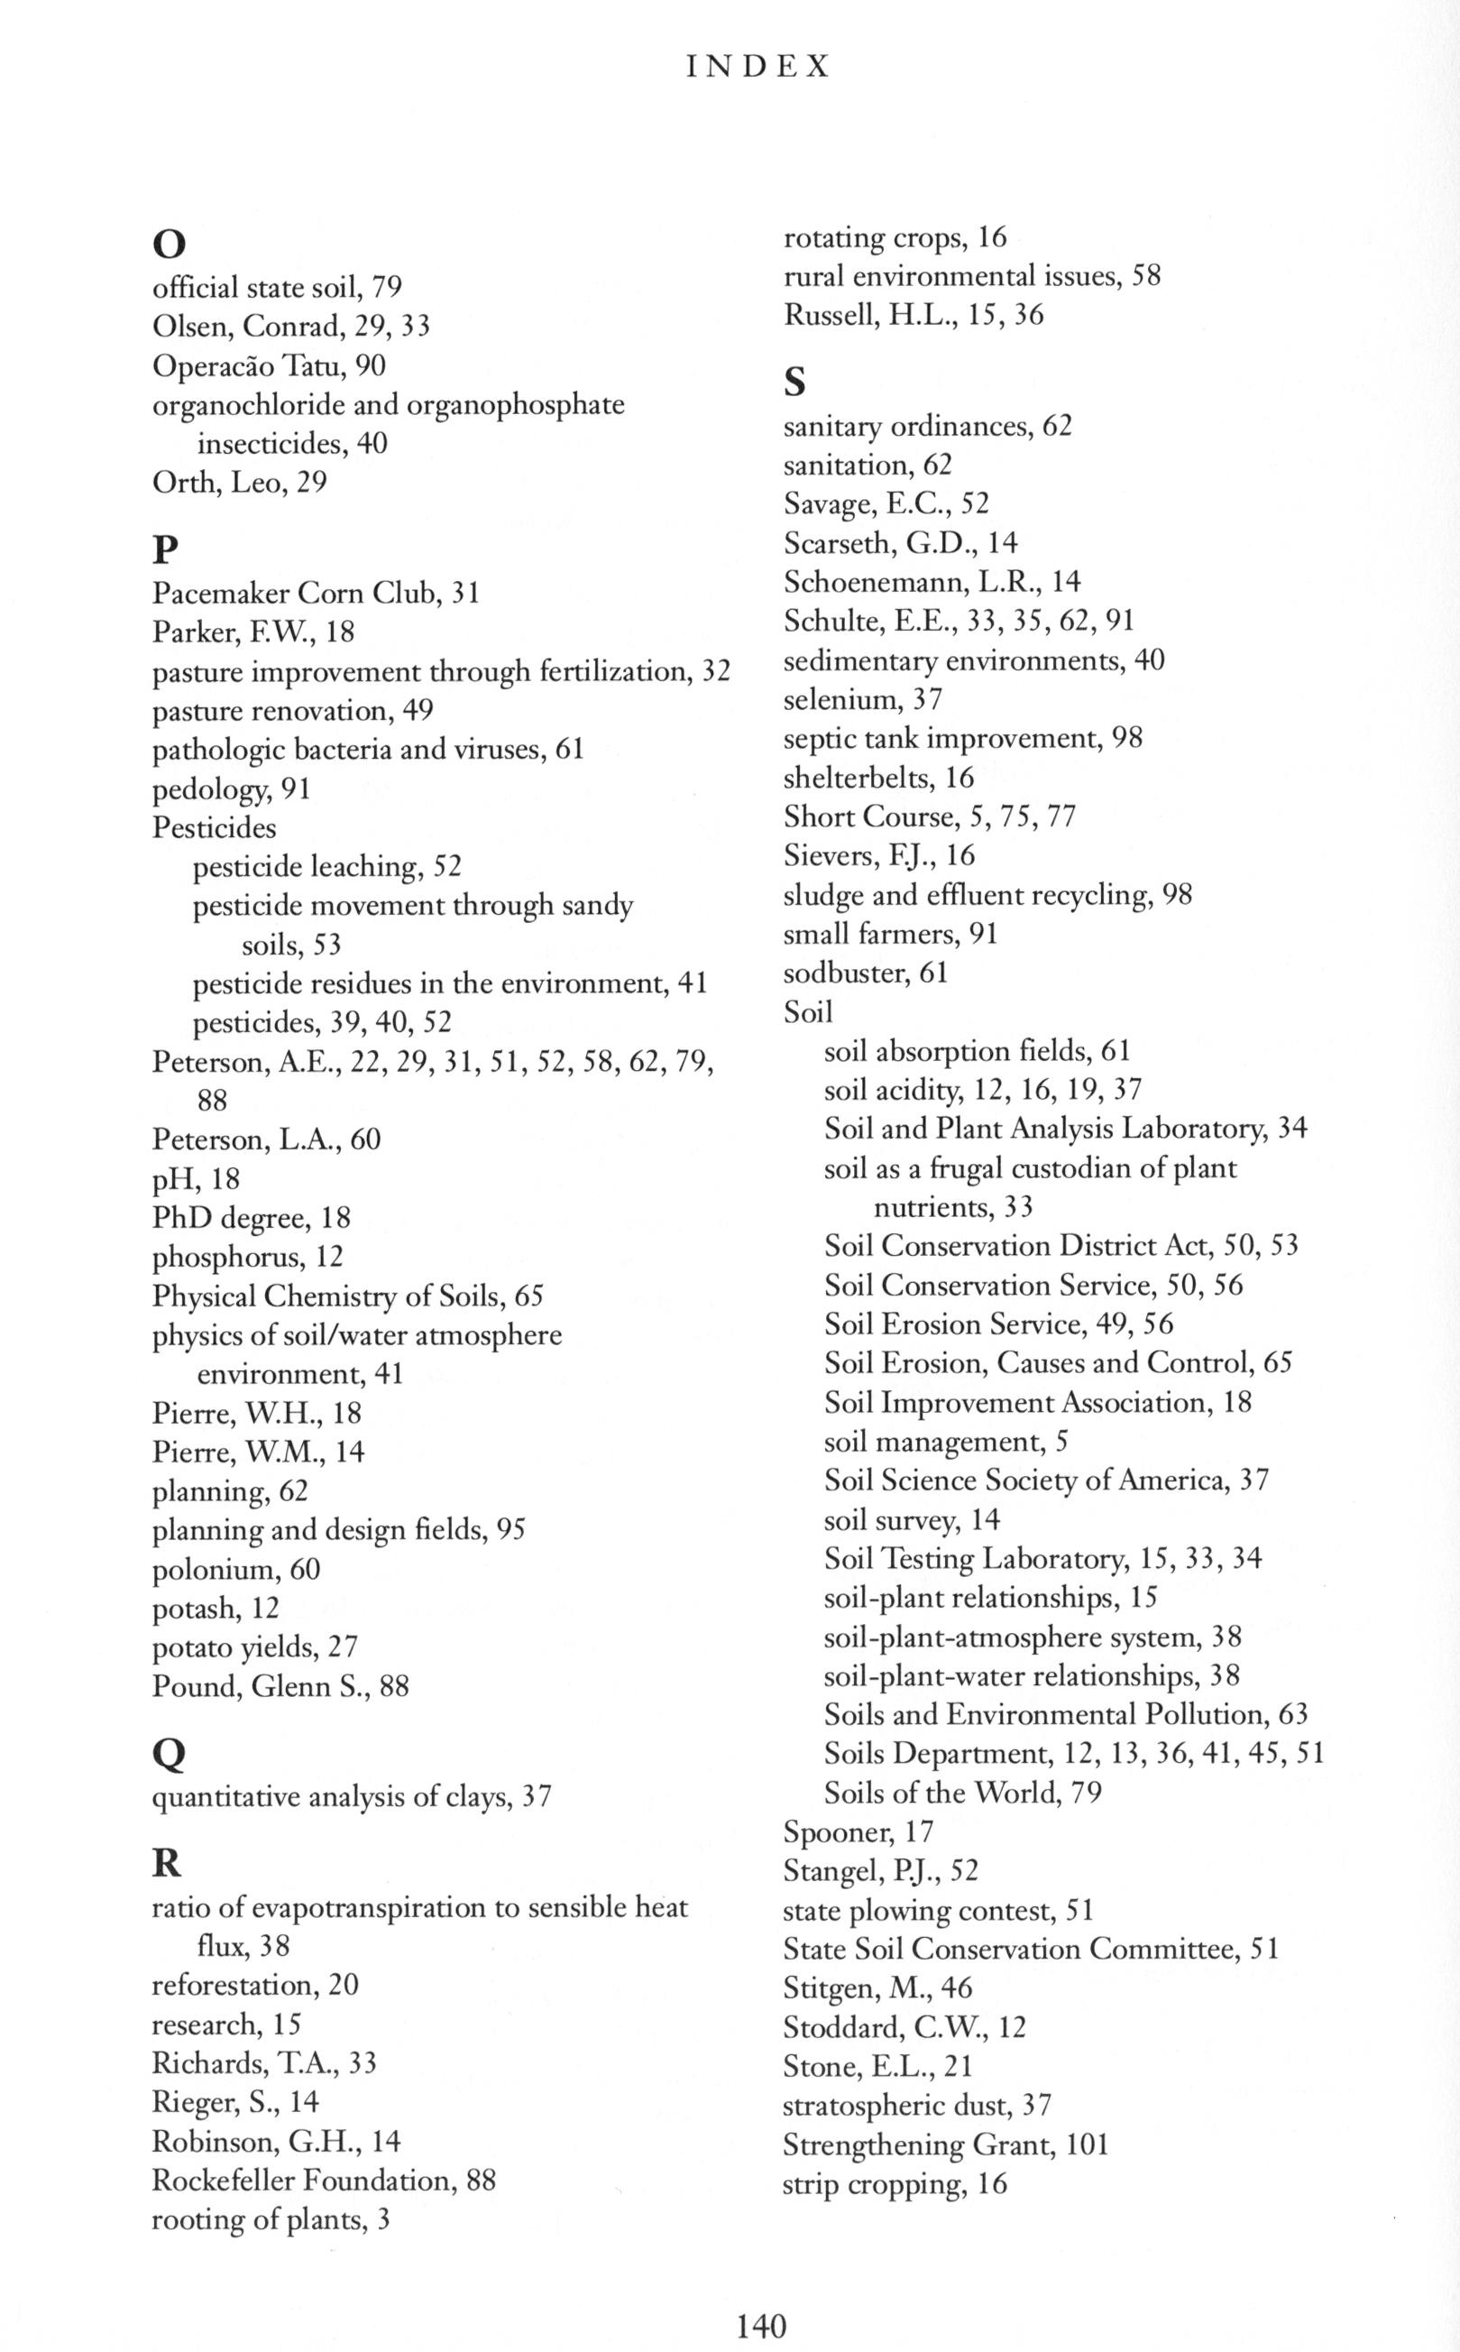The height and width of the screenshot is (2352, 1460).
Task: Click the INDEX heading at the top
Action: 758,67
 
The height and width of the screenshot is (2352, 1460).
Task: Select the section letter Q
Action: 169,1754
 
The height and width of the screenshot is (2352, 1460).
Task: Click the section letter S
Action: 794,383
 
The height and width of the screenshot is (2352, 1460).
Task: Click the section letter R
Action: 167,1863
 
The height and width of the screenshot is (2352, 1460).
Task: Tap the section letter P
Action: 165,550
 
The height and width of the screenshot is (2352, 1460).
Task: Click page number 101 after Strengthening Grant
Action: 1087,2145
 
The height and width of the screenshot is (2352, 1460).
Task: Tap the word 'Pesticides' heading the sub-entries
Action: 215,828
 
